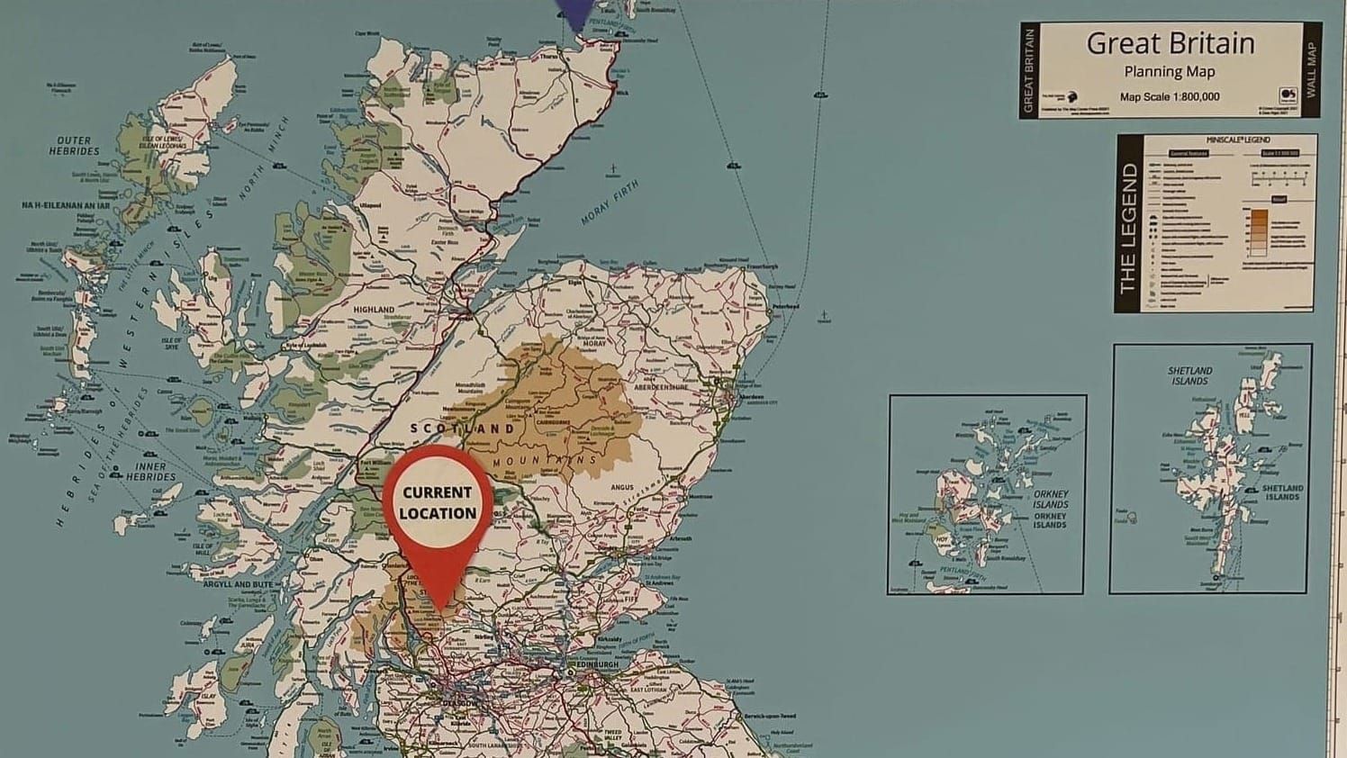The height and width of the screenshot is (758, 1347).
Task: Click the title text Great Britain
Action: (1170, 43)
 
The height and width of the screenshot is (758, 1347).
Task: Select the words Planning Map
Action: (1170, 72)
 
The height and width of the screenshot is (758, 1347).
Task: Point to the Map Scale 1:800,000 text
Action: (1170, 97)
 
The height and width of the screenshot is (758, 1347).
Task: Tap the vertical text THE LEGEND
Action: (1128, 229)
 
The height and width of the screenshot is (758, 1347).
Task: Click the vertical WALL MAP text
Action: (1311, 69)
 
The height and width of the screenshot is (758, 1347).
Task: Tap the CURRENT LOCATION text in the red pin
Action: (438, 503)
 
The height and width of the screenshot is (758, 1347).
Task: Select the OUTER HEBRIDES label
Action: (74, 146)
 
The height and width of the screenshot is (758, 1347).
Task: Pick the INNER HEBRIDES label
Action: (151, 472)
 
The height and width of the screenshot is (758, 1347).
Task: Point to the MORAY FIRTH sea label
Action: (610, 202)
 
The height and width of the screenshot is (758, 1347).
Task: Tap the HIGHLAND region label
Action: (374, 310)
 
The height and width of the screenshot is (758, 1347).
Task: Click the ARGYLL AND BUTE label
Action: (238, 584)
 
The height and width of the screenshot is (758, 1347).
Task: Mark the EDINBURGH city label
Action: (594, 665)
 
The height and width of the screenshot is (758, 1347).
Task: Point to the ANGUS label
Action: (622, 488)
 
